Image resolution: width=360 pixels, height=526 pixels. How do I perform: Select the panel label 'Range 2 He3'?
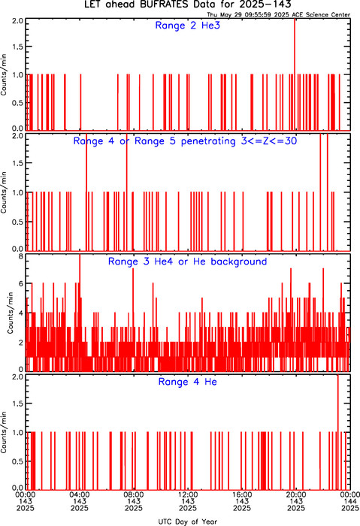(x=188, y=26)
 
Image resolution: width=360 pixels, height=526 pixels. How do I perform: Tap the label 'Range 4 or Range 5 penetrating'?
(x=155, y=141)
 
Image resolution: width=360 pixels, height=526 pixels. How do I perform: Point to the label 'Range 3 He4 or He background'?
(x=188, y=261)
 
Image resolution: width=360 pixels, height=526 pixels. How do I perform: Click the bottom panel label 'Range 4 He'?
(x=188, y=382)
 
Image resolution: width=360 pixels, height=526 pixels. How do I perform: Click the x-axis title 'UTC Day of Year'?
(x=188, y=521)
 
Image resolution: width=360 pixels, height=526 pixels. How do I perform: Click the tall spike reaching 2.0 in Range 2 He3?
(x=295, y=74)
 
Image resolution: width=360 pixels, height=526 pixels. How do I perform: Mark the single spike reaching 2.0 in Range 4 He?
(x=338, y=432)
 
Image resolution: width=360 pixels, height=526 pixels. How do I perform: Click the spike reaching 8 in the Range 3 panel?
(x=80, y=312)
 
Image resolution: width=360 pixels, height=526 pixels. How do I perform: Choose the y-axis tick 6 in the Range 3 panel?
(x=21, y=284)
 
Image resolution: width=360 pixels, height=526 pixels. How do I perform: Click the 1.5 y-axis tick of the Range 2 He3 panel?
(x=18, y=47)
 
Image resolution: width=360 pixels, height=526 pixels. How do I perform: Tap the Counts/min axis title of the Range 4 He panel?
(x=4, y=432)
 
